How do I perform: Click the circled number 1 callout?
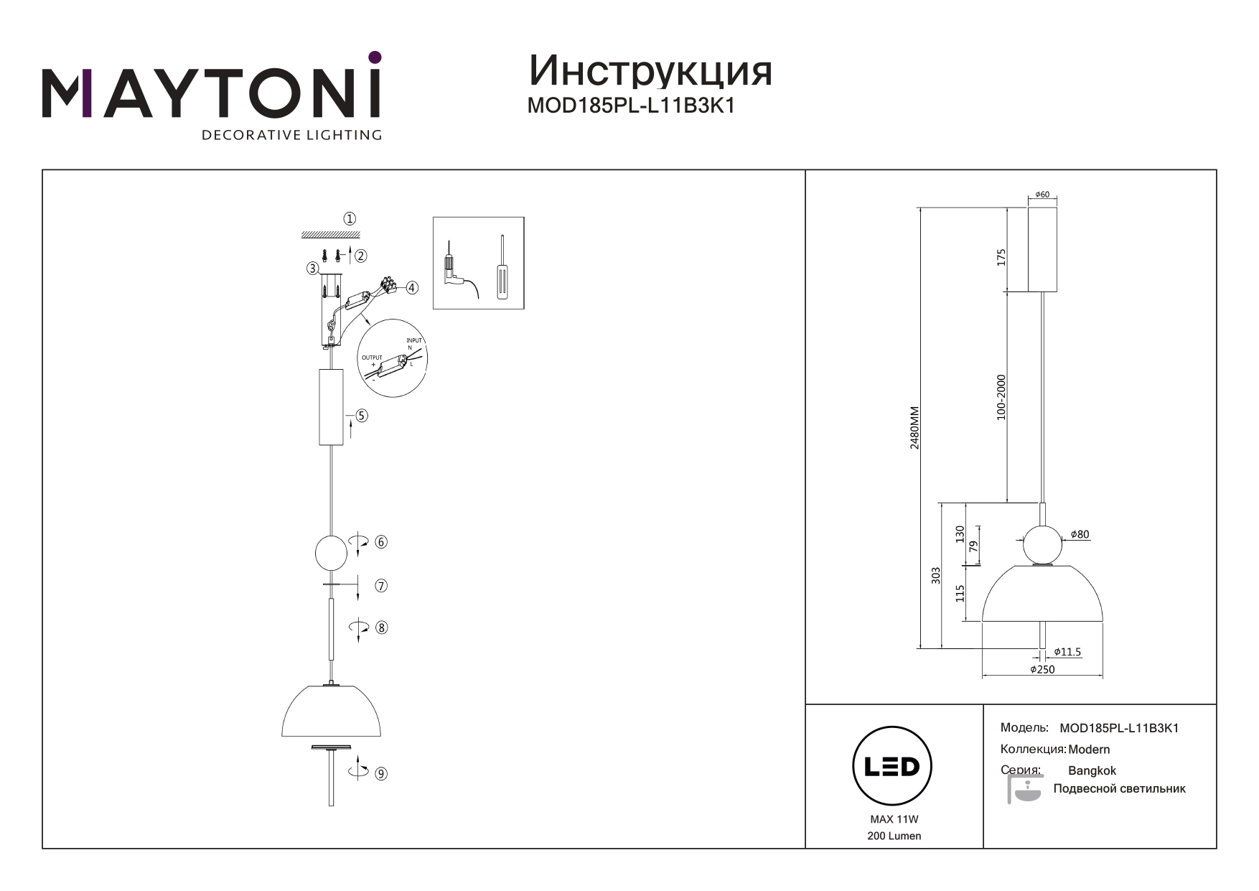tap(350, 219)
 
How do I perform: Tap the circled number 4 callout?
tap(412, 288)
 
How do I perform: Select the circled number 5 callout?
tap(362, 416)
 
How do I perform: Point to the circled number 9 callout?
tap(381, 774)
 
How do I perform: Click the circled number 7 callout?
tap(381, 586)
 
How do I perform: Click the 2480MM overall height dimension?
tap(914, 428)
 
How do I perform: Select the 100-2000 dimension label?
tap(1001, 396)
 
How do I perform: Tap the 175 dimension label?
tap(1001, 256)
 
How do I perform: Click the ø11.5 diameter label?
tap(1067, 652)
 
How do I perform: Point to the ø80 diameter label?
tap(1080, 534)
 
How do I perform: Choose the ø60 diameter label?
tap(1042, 195)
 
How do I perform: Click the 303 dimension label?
tap(936, 575)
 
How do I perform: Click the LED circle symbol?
tap(891, 766)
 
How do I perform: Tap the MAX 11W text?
tap(894, 819)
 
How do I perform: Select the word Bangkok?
tap(1092, 770)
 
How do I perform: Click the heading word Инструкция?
tap(650, 71)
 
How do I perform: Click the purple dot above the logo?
tap(374, 57)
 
